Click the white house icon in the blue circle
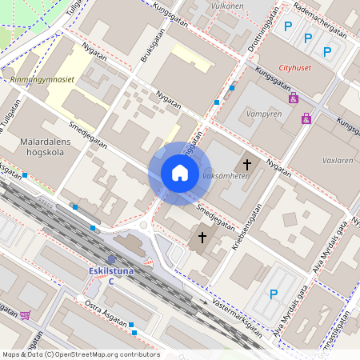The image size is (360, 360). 179,172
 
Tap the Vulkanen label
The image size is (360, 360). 226,6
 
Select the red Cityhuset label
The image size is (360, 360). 294,67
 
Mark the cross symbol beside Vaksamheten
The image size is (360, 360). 247,165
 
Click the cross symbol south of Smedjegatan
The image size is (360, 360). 202,238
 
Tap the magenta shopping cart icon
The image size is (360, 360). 25,315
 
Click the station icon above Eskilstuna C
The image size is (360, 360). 111,260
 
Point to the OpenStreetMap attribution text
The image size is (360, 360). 80,354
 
